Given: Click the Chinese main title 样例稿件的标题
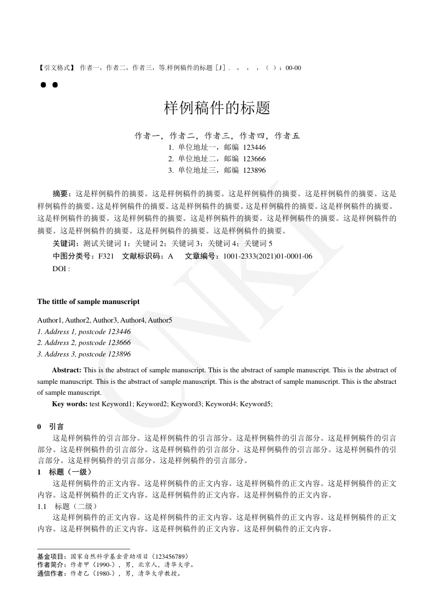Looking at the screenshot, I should tap(217, 108).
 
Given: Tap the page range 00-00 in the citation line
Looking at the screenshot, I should tap(293, 68).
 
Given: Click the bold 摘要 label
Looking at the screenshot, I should tap(61, 194).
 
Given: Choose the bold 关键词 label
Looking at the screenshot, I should tap(64, 243).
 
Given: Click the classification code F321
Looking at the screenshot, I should tap(106, 256).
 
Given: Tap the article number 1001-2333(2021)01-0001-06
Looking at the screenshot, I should tap(265, 256).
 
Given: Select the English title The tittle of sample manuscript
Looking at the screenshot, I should tap(88, 301).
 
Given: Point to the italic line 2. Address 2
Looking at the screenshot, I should tap(84, 343).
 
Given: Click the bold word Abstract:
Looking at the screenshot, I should tap(67, 370).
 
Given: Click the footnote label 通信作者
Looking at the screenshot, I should tap(50, 574).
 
